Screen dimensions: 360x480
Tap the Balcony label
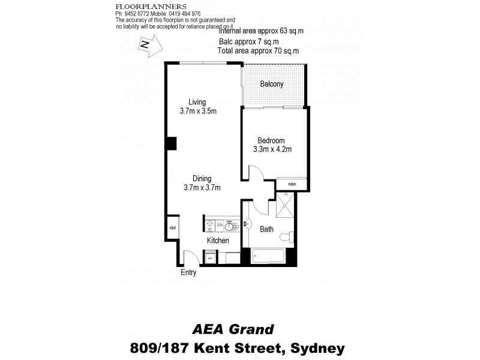pos(271,84)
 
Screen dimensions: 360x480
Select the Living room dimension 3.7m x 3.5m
pos(197,111)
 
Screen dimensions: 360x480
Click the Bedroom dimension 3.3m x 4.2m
pos(272,149)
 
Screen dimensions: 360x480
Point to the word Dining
pos(202,178)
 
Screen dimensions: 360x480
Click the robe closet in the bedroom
pos(292,184)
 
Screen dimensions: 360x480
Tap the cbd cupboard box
pos(172,227)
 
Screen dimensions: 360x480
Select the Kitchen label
pos(218,241)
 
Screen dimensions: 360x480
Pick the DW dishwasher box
pos(220,225)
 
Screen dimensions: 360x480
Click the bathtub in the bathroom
pos(268,256)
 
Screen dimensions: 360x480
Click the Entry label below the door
pos(188,273)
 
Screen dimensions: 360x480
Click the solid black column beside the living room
pos(171,143)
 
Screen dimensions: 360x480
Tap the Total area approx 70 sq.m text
pos(258,52)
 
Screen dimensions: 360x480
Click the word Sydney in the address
pos(317,347)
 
